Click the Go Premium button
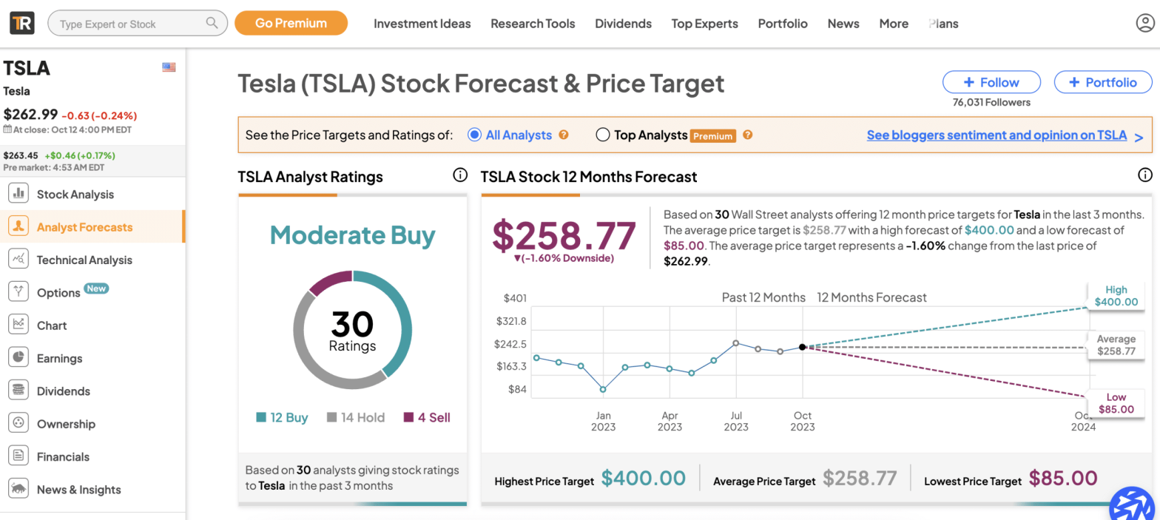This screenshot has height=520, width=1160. pos(291,23)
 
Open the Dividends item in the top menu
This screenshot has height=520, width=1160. pos(623,24)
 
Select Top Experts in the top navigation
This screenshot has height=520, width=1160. pos(704,24)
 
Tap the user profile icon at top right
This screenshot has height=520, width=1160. pos(1144,24)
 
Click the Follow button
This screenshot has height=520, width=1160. pos(991,82)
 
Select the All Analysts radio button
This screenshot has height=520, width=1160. pos(475,135)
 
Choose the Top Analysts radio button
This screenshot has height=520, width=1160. pos(602,135)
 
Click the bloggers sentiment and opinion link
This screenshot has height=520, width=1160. pos(997,135)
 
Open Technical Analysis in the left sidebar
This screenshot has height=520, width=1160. pos(84,260)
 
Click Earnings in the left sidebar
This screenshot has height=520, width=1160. pos(59,358)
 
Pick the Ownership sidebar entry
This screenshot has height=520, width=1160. pos(66,424)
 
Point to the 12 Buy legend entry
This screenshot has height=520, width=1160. pos(282,417)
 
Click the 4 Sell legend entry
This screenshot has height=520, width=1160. pos(427,417)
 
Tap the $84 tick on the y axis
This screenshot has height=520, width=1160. pos(515,389)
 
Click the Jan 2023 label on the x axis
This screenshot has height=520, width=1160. pos(603,421)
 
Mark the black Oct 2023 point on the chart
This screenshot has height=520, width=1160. pos(803,347)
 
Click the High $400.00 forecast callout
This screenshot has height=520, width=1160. pos(1116,296)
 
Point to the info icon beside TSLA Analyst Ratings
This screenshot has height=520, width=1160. pos(459,175)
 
